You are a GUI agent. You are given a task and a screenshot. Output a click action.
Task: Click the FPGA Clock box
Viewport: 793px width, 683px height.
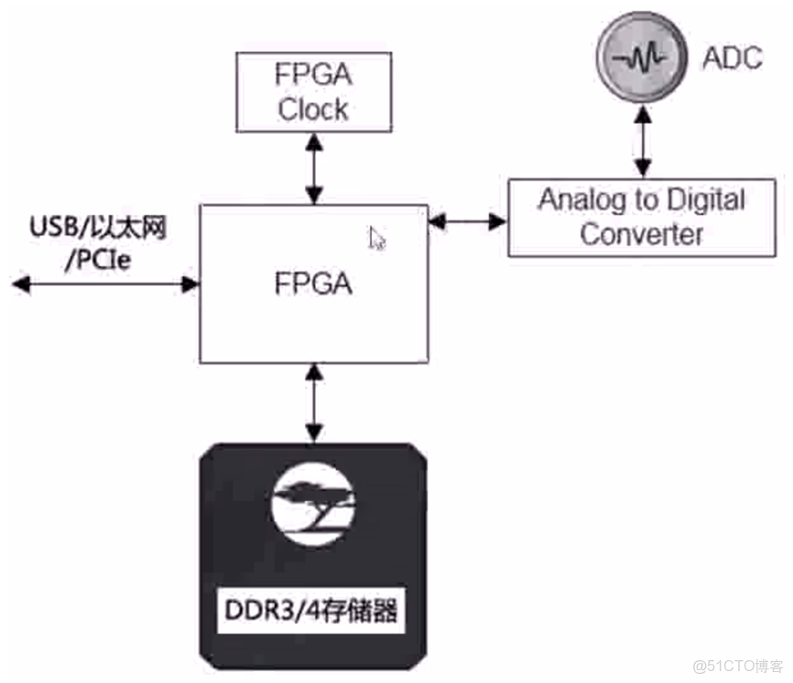(313, 92)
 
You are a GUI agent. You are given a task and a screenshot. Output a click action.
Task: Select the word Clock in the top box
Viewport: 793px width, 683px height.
(313, 110)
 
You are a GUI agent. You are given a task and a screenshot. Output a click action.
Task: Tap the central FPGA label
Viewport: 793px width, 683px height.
(313, 284)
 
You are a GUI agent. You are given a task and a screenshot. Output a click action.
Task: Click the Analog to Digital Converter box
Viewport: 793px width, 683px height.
(641, 217)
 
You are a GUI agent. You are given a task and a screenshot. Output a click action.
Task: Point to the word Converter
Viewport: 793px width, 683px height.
(641, 234)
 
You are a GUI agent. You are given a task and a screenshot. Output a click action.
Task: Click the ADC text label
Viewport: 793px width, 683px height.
(732, 58)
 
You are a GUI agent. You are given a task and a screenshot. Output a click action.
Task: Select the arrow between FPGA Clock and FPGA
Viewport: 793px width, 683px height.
(314, 168)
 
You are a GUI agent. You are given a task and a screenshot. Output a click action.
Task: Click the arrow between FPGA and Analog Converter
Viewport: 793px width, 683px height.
(468, 221)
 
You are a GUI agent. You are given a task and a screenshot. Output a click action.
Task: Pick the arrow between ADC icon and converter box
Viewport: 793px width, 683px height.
(644, 142)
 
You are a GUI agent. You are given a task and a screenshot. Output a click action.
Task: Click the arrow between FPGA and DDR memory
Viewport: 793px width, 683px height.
(314, 403)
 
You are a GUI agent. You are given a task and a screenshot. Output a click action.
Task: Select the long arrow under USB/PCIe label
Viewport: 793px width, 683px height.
(106, 285)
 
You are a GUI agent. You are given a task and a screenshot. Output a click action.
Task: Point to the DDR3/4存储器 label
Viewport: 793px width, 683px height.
(313, 610)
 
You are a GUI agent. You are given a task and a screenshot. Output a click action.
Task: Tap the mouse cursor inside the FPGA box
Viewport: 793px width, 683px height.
(377, 239)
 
